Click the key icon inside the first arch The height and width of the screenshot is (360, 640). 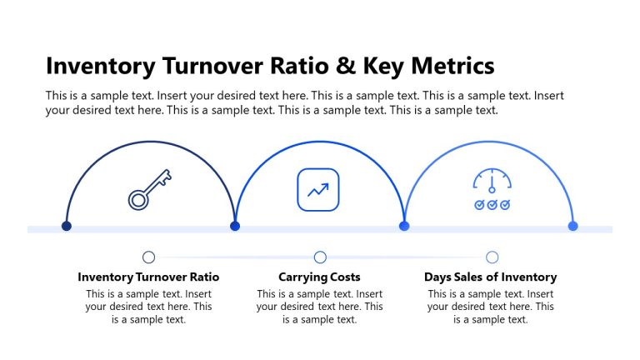pos(150,189)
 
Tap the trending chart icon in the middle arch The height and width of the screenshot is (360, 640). pos(318,189)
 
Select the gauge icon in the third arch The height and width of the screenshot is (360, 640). pos(492,182)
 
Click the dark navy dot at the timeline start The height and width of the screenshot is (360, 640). pos(67,226)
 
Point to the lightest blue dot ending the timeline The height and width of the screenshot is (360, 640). pos(572,226)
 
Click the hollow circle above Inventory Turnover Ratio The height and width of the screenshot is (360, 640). pos(149,257)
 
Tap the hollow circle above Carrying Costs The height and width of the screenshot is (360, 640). pos(320,257)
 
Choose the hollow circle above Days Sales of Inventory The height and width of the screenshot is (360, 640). pos(492,257)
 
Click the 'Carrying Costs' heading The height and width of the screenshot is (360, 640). pos(319,277)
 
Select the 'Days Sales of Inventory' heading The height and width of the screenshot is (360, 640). pos(490,277)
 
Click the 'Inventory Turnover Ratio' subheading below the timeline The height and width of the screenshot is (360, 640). pos(148,277)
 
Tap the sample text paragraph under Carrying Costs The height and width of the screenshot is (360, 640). pos(319,306)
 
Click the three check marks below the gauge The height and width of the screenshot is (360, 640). pos(492,205)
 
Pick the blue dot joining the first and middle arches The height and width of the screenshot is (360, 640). pos(235,226)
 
